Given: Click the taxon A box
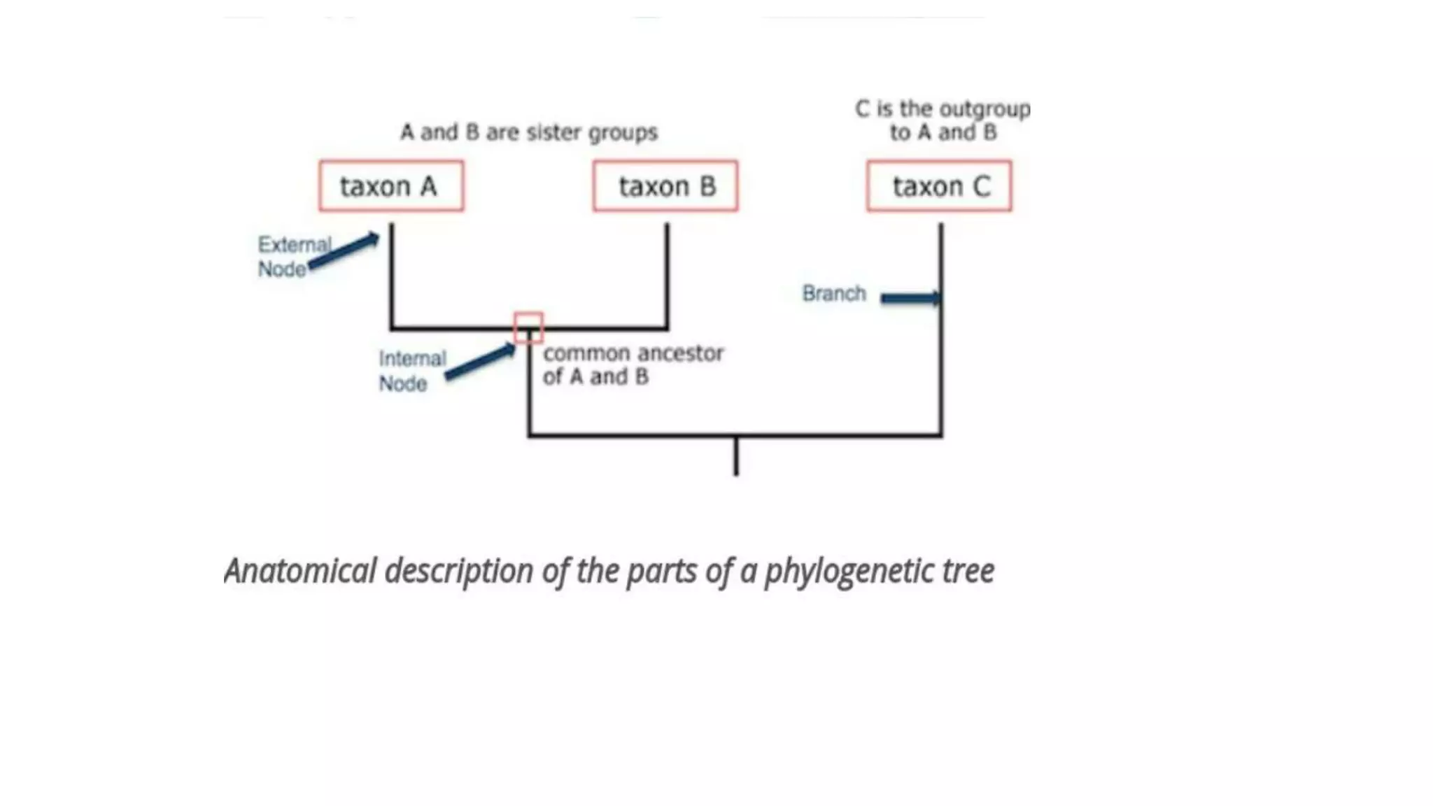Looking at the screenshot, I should (x=391, y=186).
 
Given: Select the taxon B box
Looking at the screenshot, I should (x=665, y=186).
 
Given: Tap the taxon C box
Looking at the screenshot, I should (x=939, y=186).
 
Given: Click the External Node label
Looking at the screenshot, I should (x=292, y=257).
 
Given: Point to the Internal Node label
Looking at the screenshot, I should (x=412, y=371).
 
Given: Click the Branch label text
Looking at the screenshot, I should (x=834, y=293).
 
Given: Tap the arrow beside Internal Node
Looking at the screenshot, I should (x=481, y=362).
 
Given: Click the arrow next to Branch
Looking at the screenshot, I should (x=910, y=299).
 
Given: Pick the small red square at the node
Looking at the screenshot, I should (x=528, y=327).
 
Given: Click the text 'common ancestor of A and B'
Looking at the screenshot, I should (x=633, y=365).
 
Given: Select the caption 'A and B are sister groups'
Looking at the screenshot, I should (x=529, y=132).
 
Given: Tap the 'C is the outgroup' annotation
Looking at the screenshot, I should (x=943, y=120).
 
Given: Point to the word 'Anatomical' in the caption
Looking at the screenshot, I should (x=300, y=571).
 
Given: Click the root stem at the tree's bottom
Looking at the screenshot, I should (x=736, y=456).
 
